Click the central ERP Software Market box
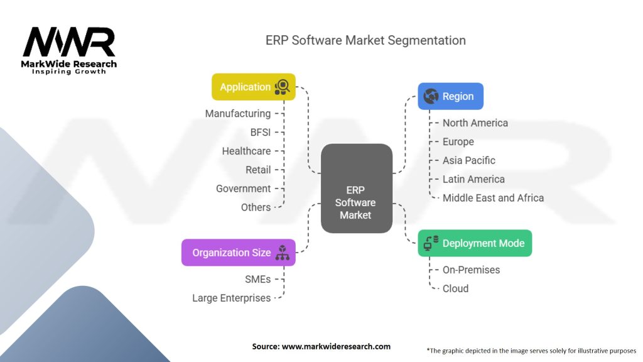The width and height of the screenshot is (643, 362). (356, 189)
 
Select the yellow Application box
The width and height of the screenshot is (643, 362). (253, 87)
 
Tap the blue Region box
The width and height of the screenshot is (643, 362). (450, 96)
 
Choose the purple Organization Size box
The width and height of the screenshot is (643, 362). (238, 253)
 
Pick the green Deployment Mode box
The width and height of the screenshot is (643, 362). (475, 243)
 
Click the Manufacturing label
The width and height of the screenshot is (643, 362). (238, 114)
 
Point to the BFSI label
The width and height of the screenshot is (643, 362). (260, 132)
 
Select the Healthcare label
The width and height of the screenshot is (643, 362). (246, 151)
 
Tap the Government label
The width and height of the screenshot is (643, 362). (243, 189)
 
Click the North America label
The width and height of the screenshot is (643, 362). (475, 123)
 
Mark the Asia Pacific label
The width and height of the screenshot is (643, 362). (469, 160)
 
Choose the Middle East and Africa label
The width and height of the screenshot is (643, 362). (493, 198)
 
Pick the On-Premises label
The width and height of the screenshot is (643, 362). (472, 270)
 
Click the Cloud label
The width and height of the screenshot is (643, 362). (455, 288)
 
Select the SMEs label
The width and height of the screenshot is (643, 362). (257, 279)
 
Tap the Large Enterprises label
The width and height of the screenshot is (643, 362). (232, 298)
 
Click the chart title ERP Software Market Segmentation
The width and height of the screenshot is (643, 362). (365, 40)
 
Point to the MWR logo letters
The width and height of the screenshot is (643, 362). (69, 42)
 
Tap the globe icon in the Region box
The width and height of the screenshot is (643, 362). (431, 96)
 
